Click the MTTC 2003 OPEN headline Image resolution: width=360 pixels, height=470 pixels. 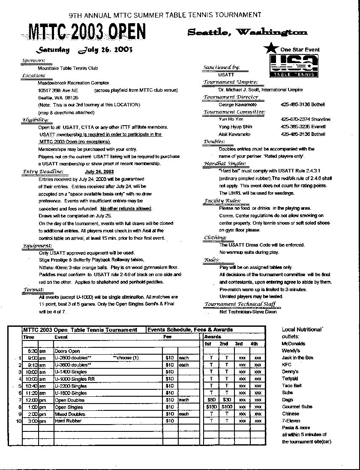tap(87, 32)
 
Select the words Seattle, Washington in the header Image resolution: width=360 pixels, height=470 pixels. tap(247, 32)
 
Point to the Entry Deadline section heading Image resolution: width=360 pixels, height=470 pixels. tap(43, 172)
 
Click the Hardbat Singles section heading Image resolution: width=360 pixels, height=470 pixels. tap(225, 163)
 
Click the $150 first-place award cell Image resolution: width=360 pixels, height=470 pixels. tap(211, 407)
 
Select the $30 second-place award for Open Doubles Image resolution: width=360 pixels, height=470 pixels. tap(226, 400)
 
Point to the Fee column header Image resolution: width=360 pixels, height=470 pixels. tap(167, 337)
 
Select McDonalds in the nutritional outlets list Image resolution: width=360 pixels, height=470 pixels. tap(294, 343)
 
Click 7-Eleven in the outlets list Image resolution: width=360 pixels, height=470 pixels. tap(290, 421)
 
